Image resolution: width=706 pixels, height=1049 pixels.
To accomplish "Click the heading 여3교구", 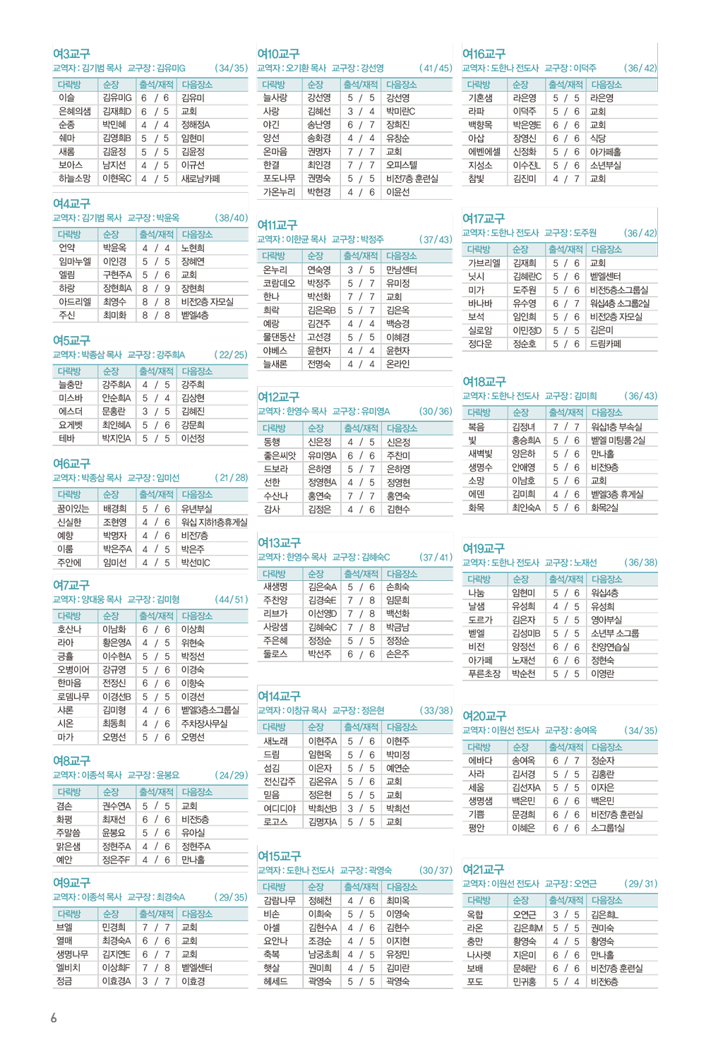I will click(x=71, y=54).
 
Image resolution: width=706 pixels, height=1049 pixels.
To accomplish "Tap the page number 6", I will click(x=54, y=1017).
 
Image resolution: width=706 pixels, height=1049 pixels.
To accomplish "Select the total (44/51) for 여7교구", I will click(x=231, y=599).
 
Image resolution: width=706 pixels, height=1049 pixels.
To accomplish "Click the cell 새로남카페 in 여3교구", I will click(x=201, y=179).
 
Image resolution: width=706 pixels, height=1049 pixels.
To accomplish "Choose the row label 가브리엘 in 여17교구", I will click(x=484, y=263).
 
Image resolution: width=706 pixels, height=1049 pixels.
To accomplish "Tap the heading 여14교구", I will click(x=278, y=696).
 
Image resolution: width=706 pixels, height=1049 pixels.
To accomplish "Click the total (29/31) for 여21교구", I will click(x=640, y=884).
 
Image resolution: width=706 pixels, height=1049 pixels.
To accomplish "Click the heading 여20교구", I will click(x=484, y=716).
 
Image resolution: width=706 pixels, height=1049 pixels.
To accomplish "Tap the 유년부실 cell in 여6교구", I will click(x=197, y=508).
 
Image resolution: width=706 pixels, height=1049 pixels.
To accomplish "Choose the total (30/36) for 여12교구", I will click(x=435, y=412).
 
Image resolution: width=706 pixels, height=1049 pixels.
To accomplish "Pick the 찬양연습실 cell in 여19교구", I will click(x=610, y=647).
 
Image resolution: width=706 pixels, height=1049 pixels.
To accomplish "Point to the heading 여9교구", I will click(x=71, y=882).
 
